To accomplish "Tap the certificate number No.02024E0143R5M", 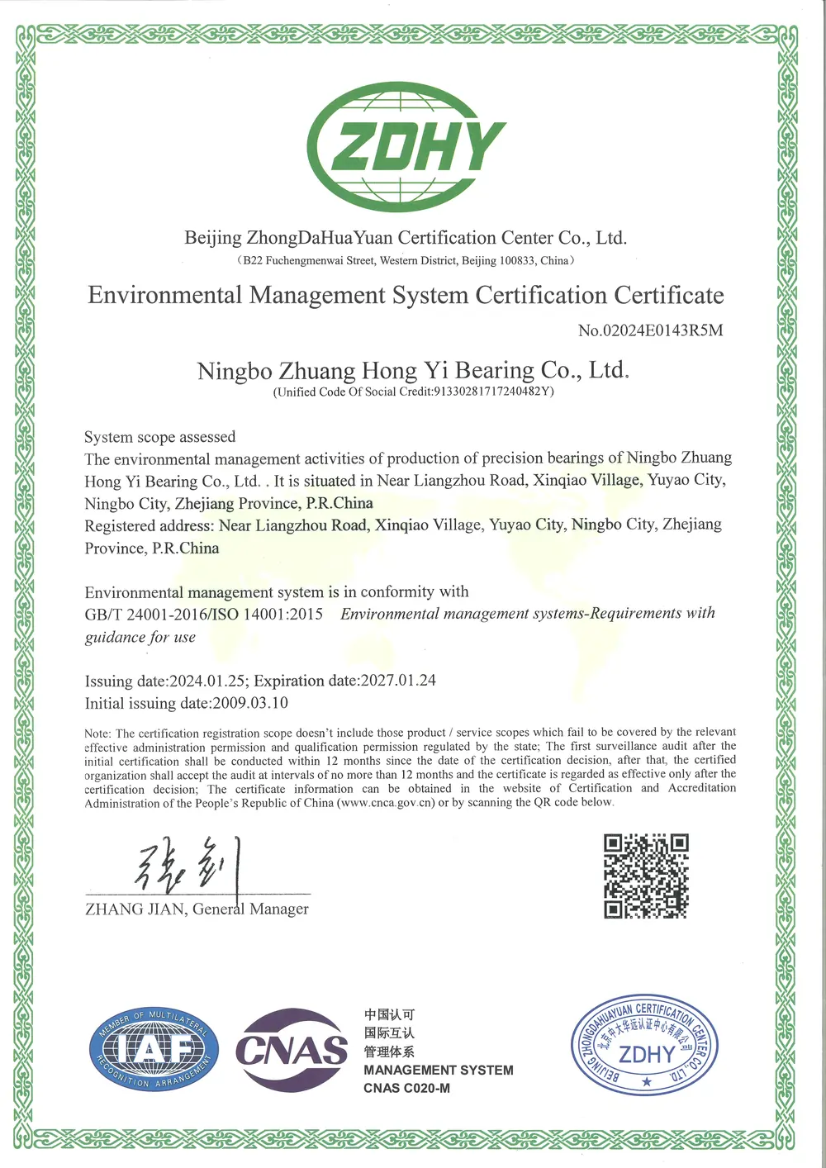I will point(650,330).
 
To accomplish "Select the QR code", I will point(646,876).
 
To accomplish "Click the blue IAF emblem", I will point(154,1050).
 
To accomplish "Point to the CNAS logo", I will point(292,1050).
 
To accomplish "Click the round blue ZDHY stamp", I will point(645,1046).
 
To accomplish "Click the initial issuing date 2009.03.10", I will point(250,704).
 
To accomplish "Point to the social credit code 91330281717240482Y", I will point(493,392).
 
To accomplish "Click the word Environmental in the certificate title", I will point(165,296).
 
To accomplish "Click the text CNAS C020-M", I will point(406,1088).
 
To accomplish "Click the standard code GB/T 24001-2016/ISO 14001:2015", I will point(203,615).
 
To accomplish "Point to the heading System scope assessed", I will point(159,437).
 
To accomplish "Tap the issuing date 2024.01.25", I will point(207,681).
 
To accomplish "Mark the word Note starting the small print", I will point(97,734).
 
